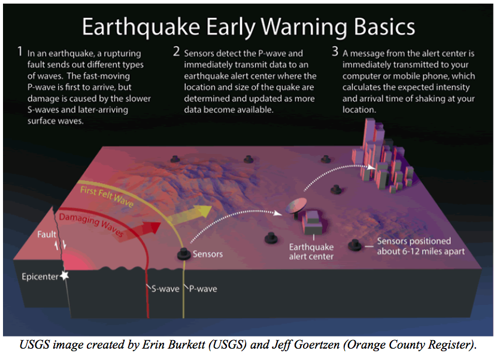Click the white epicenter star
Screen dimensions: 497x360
click(65, 276)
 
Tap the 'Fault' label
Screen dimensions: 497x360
click(47, 234)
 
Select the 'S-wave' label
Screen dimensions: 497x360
click(165, 289)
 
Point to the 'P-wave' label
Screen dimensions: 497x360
click(203, 289)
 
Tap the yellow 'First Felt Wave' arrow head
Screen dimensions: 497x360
click(204, 211)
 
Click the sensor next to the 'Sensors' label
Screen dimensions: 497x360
click(184, 254)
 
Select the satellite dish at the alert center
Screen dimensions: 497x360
click(296, 207)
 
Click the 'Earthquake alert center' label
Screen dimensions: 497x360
click(311, 252)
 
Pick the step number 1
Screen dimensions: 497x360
click(20, 52)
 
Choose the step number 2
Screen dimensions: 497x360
click(177, 52)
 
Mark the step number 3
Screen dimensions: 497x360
click(335, 52)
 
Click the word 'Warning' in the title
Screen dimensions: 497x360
click(304, 28)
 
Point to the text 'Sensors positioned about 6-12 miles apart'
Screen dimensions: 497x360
click(420, 246)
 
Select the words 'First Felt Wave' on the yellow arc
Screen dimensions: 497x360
click(107, 196)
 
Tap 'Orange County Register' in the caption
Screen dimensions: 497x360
click(409, 345)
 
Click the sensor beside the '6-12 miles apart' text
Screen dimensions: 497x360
click(355, 245)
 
